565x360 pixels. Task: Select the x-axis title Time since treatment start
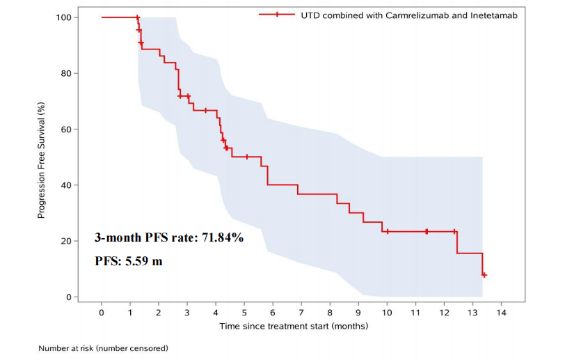(294, 325)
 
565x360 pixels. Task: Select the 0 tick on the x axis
(102, 313)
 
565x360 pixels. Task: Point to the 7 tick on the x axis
(301, 313)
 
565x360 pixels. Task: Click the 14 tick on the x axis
(501, 313)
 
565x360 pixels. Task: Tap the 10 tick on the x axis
(387, 313)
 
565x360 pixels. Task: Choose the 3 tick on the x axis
(187, 313)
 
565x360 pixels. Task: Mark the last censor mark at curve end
(484, 275)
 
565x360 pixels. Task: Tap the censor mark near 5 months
(247, 157)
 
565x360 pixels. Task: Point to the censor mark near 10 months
(388, 231)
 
